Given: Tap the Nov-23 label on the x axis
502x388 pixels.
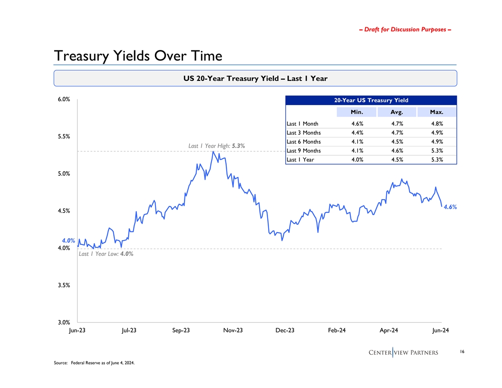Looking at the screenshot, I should [232, 330].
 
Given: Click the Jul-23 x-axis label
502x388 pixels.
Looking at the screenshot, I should [129, 330].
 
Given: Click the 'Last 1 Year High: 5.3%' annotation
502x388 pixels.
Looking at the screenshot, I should [216, 146].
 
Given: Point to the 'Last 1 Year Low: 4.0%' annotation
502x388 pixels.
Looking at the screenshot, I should [106, 254].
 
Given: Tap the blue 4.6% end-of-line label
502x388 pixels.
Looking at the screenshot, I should [450, 207].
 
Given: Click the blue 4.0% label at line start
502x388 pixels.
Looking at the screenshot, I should [69, 241].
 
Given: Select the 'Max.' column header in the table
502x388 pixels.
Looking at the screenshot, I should [436, 112].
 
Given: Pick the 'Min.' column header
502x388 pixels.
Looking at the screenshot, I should [357, 112].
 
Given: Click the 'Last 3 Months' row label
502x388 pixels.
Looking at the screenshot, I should [304, 133].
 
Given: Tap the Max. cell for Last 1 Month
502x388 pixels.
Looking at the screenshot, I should [436, 124].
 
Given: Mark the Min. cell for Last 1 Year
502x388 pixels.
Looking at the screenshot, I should [357, 160].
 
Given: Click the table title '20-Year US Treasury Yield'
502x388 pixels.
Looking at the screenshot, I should [371, 100].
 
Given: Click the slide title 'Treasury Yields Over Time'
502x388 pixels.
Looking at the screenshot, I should [138, 56].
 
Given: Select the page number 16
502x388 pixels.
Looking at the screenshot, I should [462, 352].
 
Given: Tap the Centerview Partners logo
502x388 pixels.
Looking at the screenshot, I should [403, 352].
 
